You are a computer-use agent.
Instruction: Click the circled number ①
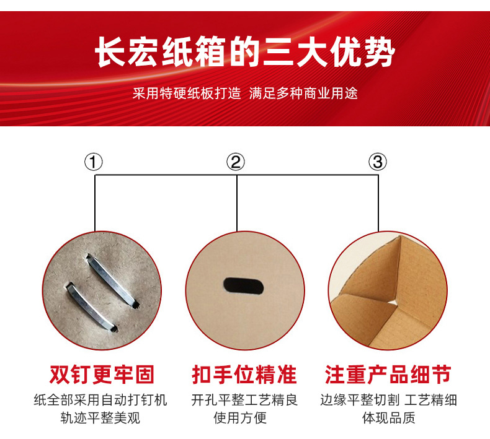(x=94, y=162)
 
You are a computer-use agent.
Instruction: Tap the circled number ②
(x=236, y=162)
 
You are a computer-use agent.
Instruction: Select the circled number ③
(x=378, y=162)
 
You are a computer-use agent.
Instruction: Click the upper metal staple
(x=112, y=280)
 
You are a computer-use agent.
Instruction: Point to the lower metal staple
(x=91, y=307)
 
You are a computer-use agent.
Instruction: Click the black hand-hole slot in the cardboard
(x=244, y=286)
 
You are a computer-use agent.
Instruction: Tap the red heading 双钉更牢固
(x=102, y=375)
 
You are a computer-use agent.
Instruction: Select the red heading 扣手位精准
(x=244, y=375)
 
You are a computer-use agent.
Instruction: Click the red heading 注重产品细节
(x=388, y=375)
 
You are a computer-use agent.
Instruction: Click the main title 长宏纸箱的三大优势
(x=245, y=52)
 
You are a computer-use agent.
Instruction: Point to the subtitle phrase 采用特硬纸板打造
(x=187, y=93)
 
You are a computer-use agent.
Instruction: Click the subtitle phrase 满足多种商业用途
(x=303, y=93)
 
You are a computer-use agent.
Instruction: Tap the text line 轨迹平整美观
(x=100, y=418)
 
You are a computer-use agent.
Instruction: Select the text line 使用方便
(x=240, y=418)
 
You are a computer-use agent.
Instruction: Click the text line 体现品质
(x=389, y=418)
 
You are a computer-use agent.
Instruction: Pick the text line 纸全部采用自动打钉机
(x=100, y=400)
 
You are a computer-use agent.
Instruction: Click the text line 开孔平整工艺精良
(x=244, y=400)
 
